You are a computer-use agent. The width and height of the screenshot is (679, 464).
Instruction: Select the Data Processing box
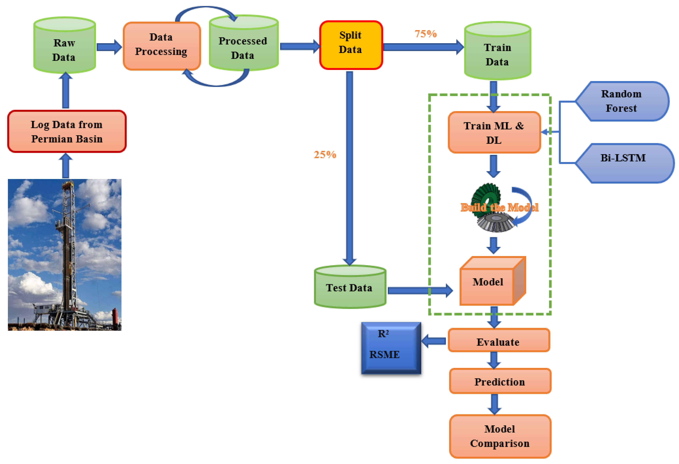click(x=162, y=46)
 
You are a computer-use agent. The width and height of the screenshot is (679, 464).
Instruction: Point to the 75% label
click(x=425, y=34)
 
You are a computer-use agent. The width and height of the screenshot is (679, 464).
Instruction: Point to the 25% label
click(x=325, y=154)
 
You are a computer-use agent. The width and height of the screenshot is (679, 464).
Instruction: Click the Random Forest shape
click(x=621, y=101)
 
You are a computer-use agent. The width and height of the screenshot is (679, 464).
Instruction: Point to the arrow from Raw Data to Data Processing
click(x=109, y=47)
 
